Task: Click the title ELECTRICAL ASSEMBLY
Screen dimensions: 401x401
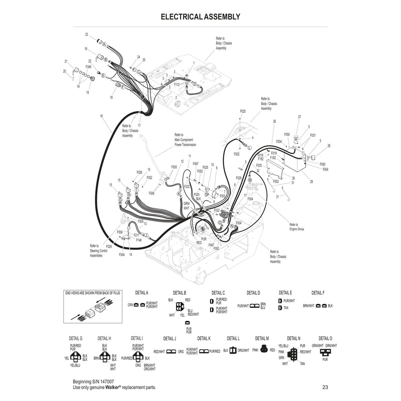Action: [x=200, y=17]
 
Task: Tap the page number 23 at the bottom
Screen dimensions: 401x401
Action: [x=325, y=387]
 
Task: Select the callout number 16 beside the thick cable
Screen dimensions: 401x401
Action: [x=101, y=116]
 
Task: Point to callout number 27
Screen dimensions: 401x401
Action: [x=299, y=117]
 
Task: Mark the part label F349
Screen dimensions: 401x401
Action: [x=88, y=66]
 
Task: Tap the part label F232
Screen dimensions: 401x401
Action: [x=186, y=186]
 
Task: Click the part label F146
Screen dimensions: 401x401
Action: [x=139, y=240]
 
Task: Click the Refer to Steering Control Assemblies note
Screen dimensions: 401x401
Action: [x=99, y=251]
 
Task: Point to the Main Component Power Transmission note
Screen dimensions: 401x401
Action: [x=185, y=140]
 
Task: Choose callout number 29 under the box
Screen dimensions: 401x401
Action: [x=311, y=181]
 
